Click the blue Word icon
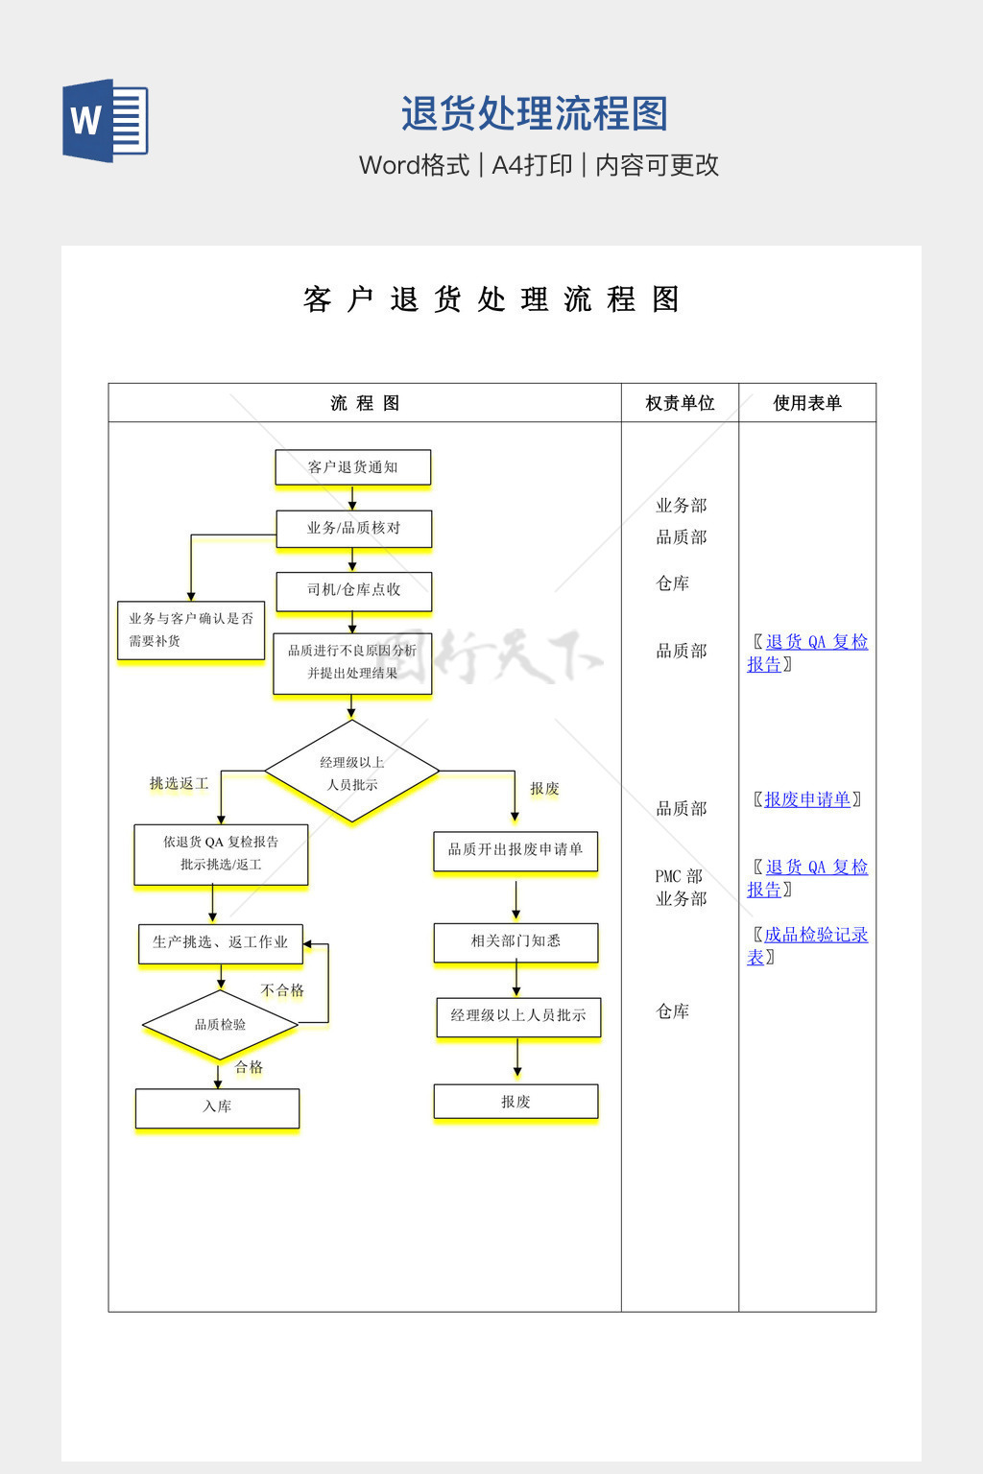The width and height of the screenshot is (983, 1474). point(106,120)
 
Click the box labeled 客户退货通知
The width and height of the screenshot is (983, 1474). point(352,467)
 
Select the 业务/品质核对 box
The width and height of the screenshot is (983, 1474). point(353,528)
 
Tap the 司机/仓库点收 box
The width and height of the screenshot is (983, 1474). point(353,590)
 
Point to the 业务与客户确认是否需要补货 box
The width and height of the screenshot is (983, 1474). point(190,630)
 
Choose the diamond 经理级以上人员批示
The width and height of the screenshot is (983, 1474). point(351,773)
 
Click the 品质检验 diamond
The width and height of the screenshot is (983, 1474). point(220,1025)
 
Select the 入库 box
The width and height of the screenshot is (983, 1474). point(217,1107)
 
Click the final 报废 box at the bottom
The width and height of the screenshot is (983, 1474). point(515,1102)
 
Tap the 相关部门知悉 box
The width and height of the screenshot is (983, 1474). point(515,941)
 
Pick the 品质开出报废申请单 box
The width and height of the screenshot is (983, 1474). point(515,850)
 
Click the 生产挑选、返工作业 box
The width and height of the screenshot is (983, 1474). point(220,942)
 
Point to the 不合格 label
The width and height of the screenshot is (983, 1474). point(282,990)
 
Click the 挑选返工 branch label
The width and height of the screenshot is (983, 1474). point(179,784)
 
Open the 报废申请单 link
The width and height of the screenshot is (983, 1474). point(807,799)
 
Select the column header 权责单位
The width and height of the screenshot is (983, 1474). point(680,403)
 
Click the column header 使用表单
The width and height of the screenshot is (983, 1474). point(807,403)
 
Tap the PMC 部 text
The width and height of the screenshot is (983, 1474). point(679,876)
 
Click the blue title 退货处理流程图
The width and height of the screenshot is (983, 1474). point(534,114)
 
